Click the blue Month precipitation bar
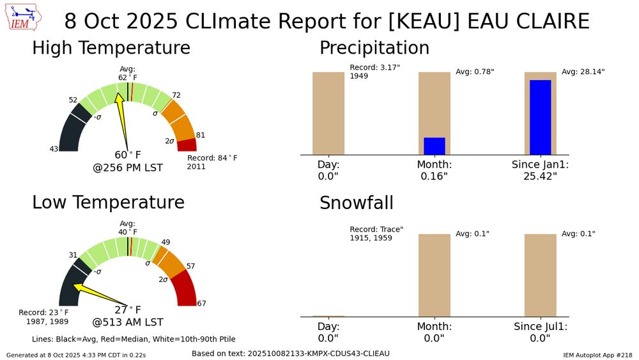pyautogui.click(x=435, y=146)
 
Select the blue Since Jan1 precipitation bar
pyautogui.click(x=540, y=117)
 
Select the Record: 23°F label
pyautogui.click(x=43, y=313)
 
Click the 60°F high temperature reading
pyautogui.click(x=127, y=155)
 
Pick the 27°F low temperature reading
pyautogui.click(x=127, y=310)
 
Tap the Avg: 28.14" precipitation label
pyautogui.click(x=583, y=72)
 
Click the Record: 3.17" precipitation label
pyautogui.click(x=374, y=67)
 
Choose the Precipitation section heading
pyautogui.click(x=374, y=48)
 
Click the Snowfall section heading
pyautogui.click(x=356, y=203)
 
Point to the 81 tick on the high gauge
pyautogui.click(x=200, y=135)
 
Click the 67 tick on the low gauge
pyautogui.click(x=201, y=303)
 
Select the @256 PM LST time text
pyautogui.click(x=127, y=168)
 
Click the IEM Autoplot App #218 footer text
pyautogui.click(x=597, y=354)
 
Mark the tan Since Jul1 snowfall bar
pyautogui.click(x=540, y=275)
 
